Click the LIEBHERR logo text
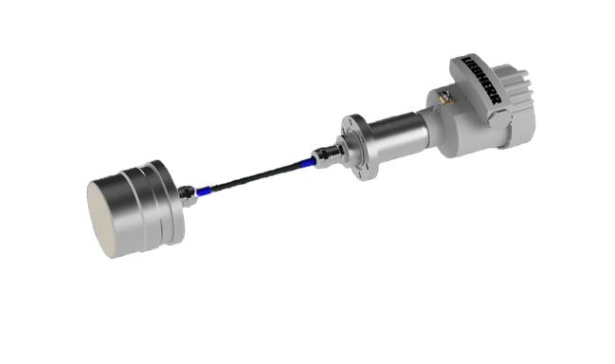pyautogui.click(x=481, y=80)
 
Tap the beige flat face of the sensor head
pyautogui.click(x=101, y=219)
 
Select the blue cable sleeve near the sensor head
pyautogui.click(x=204, y=191)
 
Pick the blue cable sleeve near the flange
pyautogui.click(x=307, y=162)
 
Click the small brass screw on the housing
pyautogui.click(x=445, y=96)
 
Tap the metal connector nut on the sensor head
pyautogui.click(x=188, y=195)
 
